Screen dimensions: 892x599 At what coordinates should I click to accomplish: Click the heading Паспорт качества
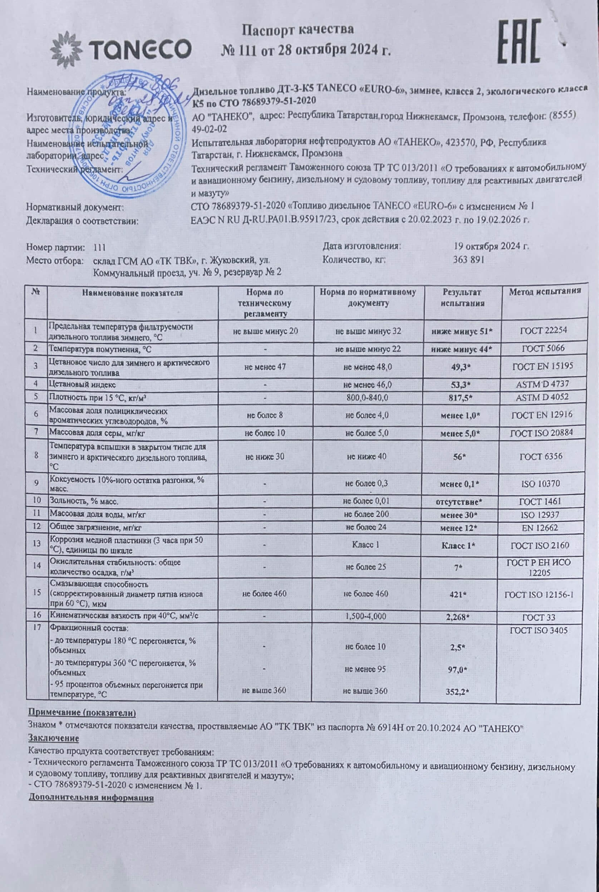(298, 29)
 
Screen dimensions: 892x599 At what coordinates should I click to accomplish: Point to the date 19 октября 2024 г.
(491, 246)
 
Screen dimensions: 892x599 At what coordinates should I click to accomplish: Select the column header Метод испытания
(544, 291)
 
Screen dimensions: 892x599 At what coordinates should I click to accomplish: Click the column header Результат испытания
(462, 298)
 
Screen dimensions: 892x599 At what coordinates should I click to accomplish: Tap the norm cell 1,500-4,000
(366, 616)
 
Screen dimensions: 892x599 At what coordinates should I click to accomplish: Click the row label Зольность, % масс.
(84, 501)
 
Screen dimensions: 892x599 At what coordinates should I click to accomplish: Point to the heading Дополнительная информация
(91, 798)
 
